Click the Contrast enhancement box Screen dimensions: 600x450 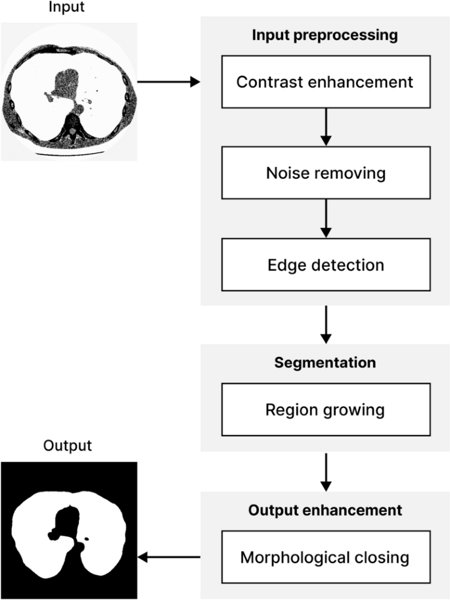tap(325, 83)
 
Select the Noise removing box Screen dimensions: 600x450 tap(325, 174)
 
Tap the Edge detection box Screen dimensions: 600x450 tap(325, 265)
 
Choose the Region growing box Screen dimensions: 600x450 tap(325, 410)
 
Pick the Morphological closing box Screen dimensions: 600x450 tap(325, 558)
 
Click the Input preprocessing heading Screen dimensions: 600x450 tap(325, 35)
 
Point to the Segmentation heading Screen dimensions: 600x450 tap(325, 363)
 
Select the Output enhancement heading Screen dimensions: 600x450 tap(325, 509)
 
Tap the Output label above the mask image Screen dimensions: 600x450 tap(68, 446)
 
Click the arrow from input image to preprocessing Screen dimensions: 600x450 tap(168, 83)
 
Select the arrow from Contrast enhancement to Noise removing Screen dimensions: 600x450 tap(325, 127)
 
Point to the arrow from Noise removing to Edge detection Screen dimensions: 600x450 tap(325, 219)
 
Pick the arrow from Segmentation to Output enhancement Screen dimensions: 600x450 tap(325, 470)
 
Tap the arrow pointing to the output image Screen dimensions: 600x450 tap(168, 558)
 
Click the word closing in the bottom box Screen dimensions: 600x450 tap(380, 558)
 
